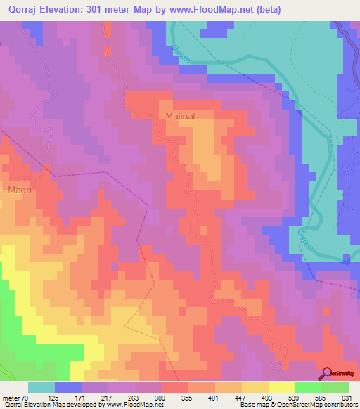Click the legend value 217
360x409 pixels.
(127, 398)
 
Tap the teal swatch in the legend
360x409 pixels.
(41, 387)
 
